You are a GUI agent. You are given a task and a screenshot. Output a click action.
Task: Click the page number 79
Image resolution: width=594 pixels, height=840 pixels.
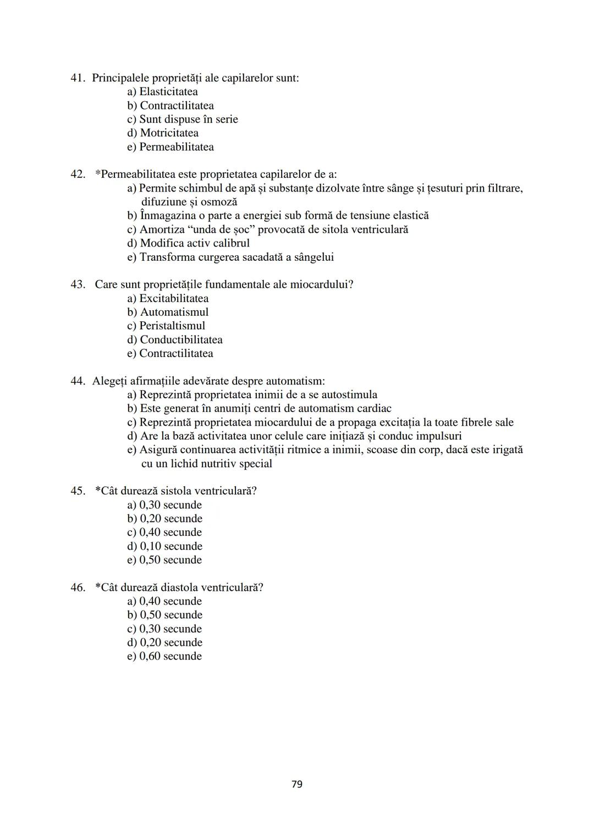pos(296,784)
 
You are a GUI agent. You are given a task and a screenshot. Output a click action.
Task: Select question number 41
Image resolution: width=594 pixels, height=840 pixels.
pos(78,78)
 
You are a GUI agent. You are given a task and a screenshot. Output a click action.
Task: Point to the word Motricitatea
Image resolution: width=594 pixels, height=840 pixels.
pos(169,133)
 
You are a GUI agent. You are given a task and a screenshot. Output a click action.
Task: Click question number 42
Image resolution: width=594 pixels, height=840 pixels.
pos(78,174)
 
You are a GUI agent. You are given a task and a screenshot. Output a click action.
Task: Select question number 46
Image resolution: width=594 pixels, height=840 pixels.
pos(78,588)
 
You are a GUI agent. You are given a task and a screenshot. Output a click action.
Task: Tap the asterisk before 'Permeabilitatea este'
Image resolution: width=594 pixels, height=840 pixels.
pos(98,174)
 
